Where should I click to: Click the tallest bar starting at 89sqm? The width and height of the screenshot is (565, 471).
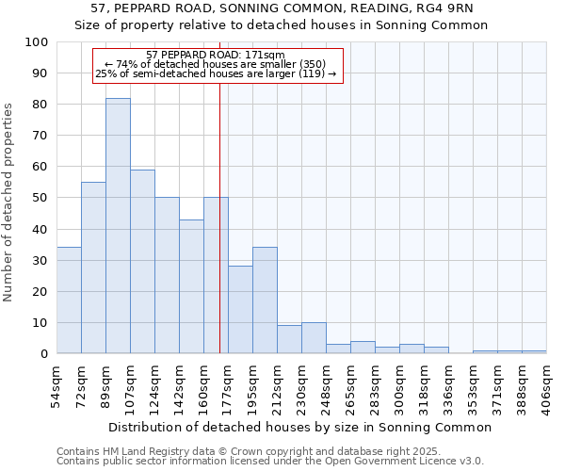[118, 226]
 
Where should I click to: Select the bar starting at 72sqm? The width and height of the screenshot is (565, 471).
[93, 268]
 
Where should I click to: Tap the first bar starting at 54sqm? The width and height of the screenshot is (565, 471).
[69, 300]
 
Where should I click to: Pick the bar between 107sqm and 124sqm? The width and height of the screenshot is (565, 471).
[142, 262]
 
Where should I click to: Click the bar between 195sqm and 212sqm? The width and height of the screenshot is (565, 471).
[265, 300]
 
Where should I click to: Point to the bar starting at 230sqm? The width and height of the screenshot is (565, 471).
[314, 338]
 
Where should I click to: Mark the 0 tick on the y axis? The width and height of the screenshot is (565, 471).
[43, 353]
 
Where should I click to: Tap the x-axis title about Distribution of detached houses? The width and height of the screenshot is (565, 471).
[300, 427]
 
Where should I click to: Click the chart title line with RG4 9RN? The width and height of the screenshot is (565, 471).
[282, 8]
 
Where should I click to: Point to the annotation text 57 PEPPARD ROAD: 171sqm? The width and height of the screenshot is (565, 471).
[216, 56]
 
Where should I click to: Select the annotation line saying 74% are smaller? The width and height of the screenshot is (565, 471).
[216, 64]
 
